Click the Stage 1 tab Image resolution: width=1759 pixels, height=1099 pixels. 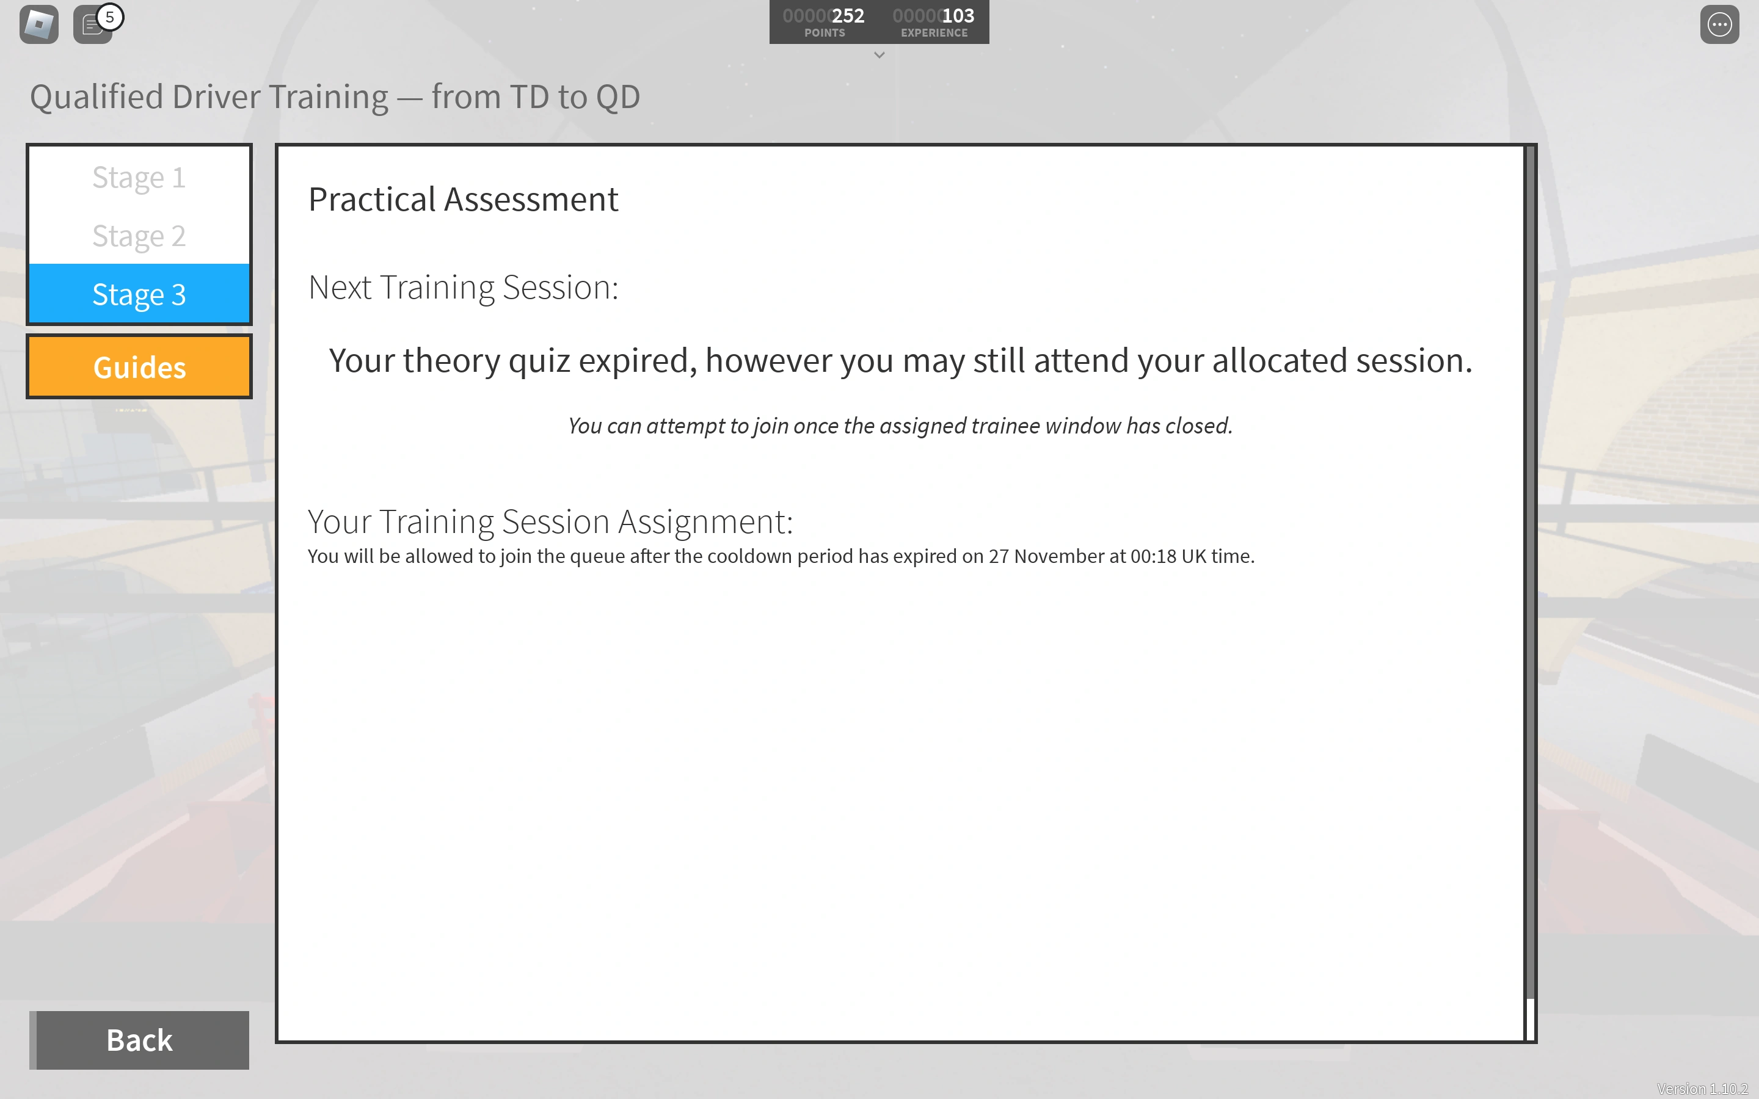pyautogui.click(x=139, y=176)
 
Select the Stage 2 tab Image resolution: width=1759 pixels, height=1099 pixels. pyautogui.click(x=139, y=236)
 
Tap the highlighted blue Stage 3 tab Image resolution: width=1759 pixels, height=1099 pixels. pyautogui.click(x=139, y=294)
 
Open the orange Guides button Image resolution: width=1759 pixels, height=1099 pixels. pyautogui.click(x=139, y=367)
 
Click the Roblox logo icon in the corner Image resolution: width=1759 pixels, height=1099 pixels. pyautogui.click(x=39, y=24)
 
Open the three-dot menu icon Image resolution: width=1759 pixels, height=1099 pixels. pyautogui.click(x=1719, y=24)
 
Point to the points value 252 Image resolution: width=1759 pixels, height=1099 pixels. pyautogui.click(x=848, y=16)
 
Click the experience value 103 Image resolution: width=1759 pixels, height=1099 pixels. pyautogui.click(x=958, y=16)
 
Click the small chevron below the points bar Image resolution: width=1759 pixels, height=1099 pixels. pyautogui.click(x=879, y=55)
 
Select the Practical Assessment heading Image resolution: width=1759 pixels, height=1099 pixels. pyautogui.click(x=463, y=199)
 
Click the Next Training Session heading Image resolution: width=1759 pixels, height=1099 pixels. pyautogui.click(x=463, y=288)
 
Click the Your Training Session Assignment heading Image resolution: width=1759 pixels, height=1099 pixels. pyautogui.click(x=550, y=522)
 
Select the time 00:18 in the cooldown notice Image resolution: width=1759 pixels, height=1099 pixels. pyautogui.click(x=1153, y=556)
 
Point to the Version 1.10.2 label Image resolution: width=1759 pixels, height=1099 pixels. pyautogui.click(x=1702, y=1089)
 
